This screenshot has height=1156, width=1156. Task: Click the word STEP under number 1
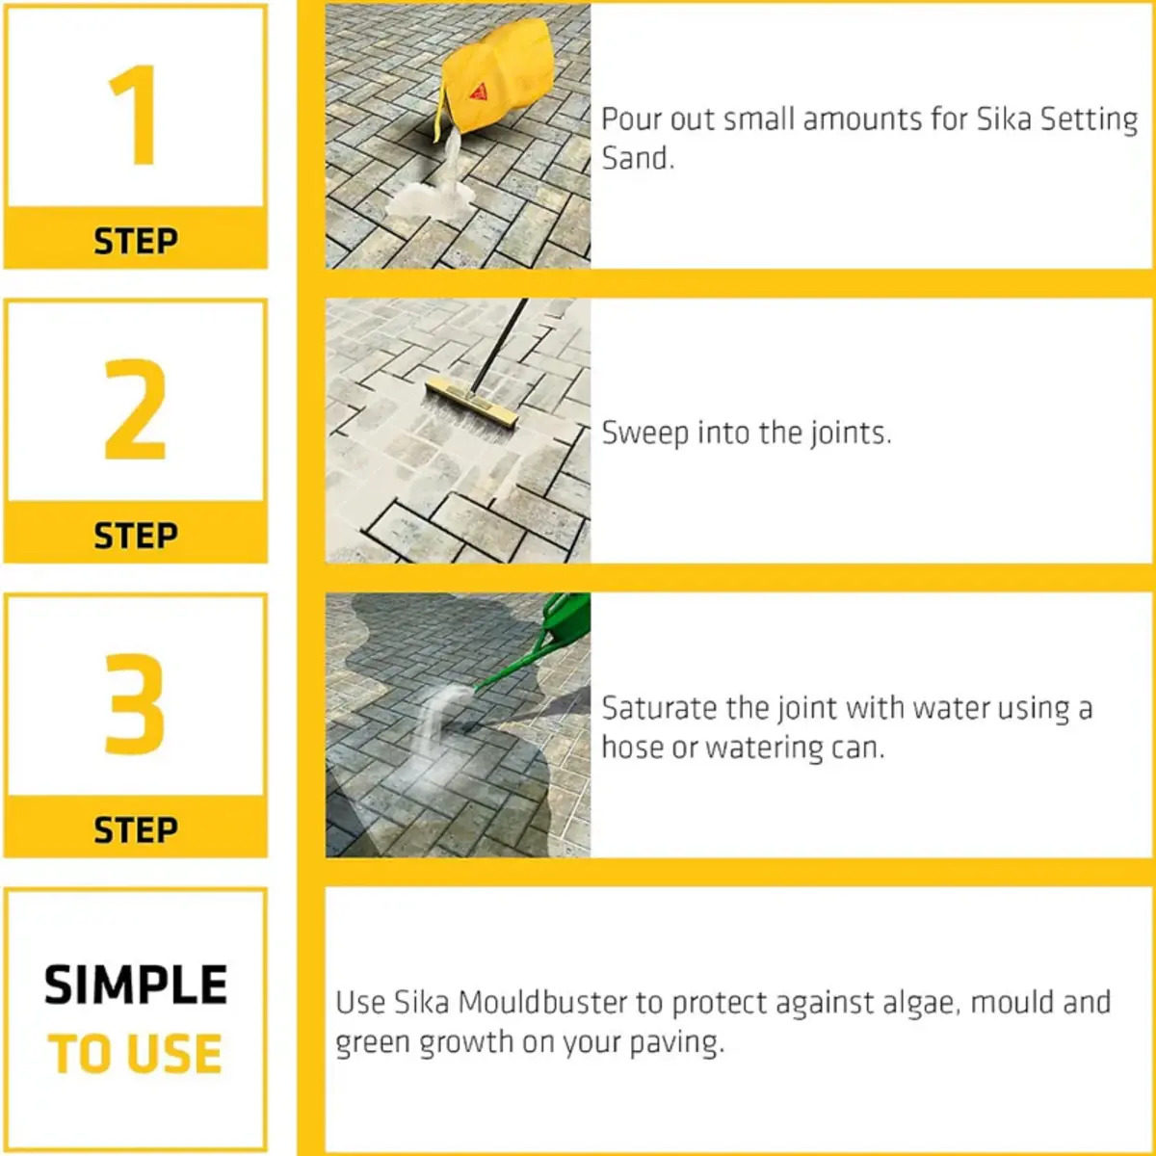point(136,241)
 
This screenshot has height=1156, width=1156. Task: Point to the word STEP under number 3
point(136,829)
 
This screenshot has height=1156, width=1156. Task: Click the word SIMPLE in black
point(136,985)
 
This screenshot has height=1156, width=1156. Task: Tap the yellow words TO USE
point(136,1054)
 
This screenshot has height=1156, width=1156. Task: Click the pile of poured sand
point(427,198)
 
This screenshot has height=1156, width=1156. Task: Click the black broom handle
point(499,347)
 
